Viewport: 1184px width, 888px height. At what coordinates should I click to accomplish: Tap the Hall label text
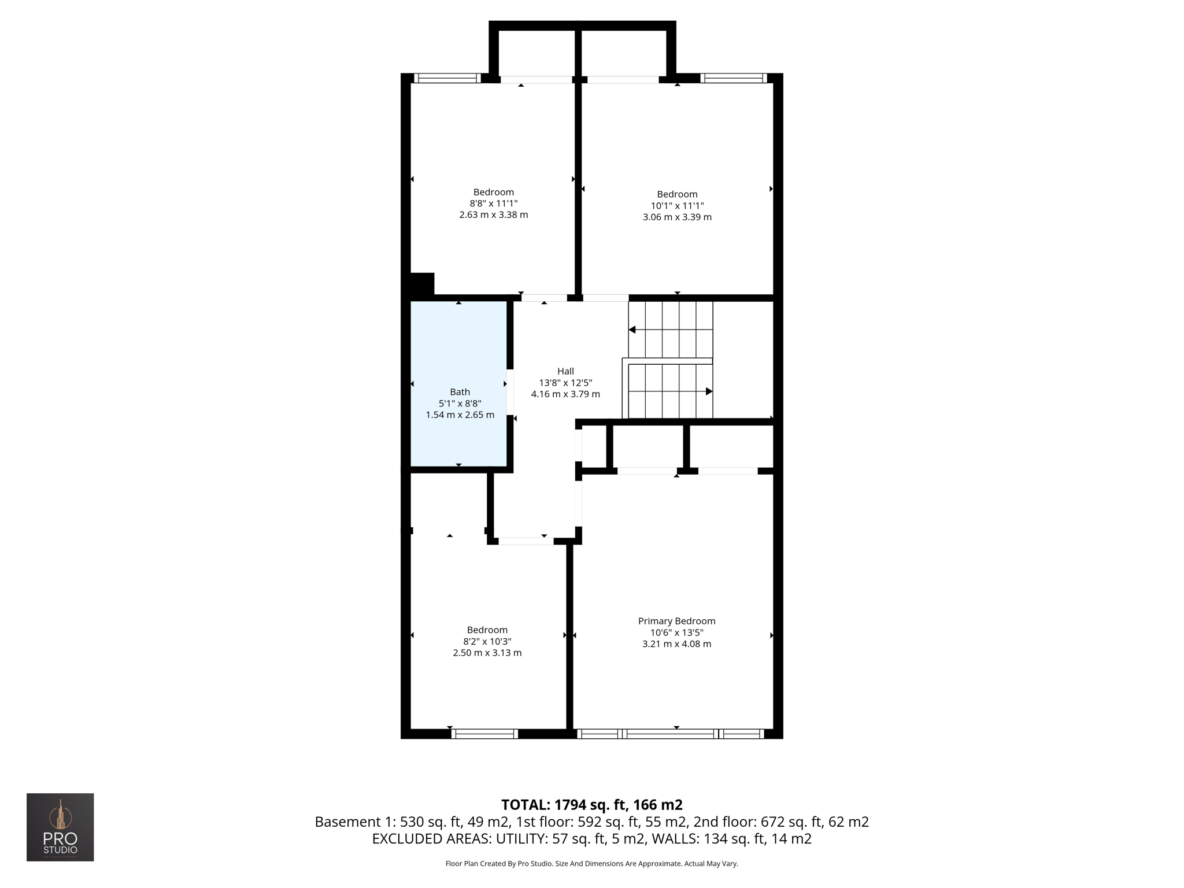[x=565, y=371]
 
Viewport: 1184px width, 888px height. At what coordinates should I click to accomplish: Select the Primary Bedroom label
[x=676, y=621]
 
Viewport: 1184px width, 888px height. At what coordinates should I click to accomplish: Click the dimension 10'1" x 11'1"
[x=677, y=206]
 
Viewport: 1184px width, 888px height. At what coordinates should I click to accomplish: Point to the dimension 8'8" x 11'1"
[x=493, y=203]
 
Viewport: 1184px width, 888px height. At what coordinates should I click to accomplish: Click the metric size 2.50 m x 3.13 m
[x=487, y=653]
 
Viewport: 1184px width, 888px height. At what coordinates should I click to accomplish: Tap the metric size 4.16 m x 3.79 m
[x=565, y=394]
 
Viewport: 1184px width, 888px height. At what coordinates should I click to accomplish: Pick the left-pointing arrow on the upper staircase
[x=632, y=330]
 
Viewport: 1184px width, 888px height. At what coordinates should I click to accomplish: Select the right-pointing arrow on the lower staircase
[x=709, y=391]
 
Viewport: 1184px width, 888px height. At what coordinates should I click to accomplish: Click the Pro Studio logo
[x=60, y=827]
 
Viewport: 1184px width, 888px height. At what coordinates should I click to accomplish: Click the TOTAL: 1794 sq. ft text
[x=591, y=805]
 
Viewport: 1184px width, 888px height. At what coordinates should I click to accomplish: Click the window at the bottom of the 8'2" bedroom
[x=484, y=734]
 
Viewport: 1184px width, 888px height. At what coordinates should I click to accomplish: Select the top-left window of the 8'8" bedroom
[x=447, y=78]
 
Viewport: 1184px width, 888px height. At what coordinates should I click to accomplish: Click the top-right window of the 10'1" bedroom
[x=734, y=78]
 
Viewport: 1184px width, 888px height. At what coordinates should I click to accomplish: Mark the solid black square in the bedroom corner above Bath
[x=421, y=284]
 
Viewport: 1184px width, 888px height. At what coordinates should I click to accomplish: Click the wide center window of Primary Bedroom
[x=671, y=734]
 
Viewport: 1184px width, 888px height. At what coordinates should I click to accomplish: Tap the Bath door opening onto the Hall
[x=510, y=392]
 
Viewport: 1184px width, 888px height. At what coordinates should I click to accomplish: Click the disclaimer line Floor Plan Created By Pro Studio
[x=591, y=864]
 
